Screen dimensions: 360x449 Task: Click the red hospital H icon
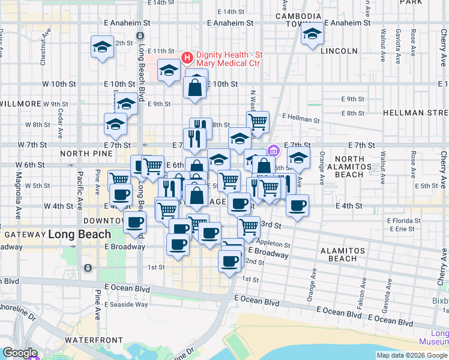187,58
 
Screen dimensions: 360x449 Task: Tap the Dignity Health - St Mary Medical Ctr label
228,59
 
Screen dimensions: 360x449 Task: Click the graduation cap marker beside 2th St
103,47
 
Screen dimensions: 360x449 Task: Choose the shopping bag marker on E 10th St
196,88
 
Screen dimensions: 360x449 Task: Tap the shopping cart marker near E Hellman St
258,122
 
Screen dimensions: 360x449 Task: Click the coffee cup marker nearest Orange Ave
297,206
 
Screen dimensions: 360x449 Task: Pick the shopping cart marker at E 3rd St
249,227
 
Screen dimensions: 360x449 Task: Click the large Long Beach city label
80,234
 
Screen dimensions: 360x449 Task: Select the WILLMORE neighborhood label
16,103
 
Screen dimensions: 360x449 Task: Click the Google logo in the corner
20,353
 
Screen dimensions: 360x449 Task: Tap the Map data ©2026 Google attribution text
411,355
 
